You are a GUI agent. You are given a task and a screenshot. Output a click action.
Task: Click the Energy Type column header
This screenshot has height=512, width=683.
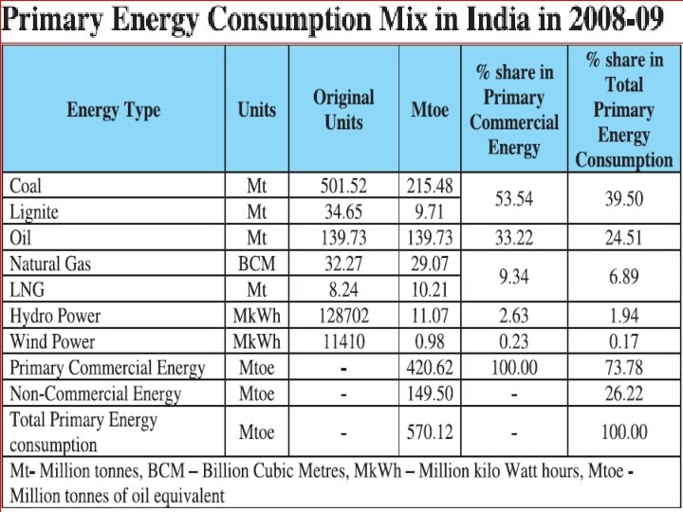114,110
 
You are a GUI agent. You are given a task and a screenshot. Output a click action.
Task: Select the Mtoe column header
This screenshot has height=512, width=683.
429,110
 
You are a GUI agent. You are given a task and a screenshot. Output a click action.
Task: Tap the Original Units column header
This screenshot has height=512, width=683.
343,110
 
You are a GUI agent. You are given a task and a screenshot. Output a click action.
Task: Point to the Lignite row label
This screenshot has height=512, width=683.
36,210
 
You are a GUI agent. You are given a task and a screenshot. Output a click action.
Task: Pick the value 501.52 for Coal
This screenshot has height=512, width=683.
343,185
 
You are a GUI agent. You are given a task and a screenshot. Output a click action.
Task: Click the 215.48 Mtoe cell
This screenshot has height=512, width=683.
429,185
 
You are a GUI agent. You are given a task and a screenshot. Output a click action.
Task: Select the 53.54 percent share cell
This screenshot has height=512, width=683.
513,198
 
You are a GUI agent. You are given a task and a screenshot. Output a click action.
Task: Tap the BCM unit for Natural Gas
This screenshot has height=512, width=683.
256,264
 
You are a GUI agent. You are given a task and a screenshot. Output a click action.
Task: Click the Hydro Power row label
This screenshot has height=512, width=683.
55,316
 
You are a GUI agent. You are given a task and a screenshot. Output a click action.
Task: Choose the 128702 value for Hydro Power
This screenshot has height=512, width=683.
343,316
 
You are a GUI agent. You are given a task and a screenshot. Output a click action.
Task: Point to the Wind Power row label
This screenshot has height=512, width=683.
53,341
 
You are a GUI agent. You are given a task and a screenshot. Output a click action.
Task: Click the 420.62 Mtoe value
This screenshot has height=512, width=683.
429,368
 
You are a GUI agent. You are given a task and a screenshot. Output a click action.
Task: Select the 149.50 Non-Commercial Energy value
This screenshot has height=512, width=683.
429,393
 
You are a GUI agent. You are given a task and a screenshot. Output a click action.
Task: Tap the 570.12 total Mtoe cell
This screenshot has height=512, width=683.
429,432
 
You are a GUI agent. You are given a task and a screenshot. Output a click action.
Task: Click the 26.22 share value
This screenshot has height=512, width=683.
623,393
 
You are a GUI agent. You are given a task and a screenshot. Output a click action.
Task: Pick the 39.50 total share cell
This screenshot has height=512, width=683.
623,198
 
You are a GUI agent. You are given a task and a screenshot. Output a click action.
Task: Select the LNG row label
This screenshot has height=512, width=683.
28,289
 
